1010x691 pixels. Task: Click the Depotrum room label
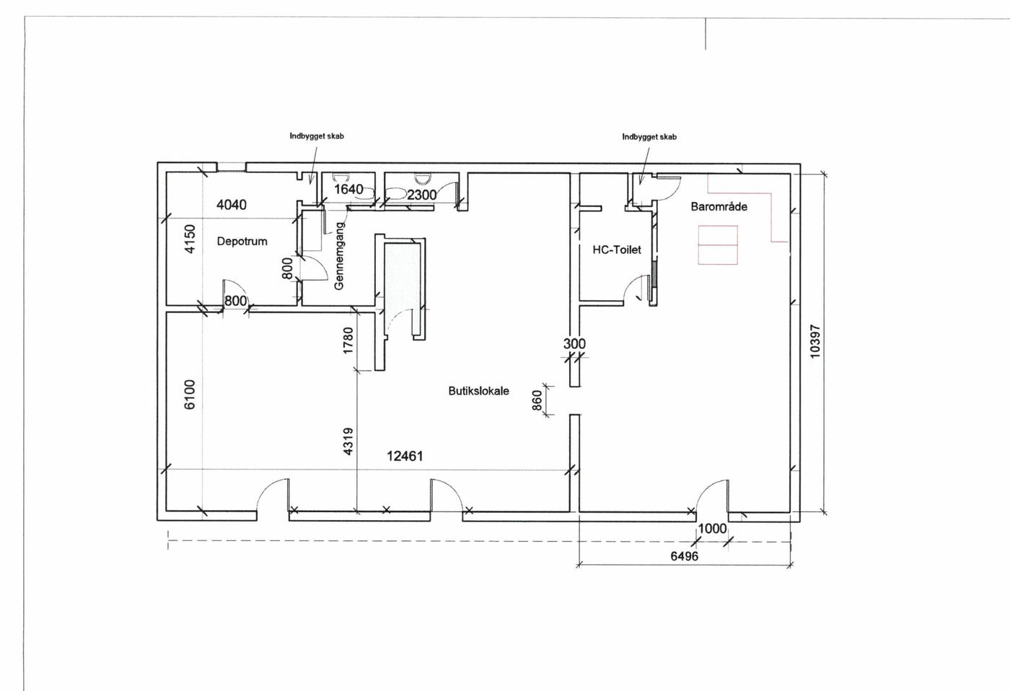click(242, 241)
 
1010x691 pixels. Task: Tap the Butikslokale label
click(478, 391)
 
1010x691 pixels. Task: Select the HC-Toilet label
click(617, 250)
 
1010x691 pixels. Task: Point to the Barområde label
click(719, 207)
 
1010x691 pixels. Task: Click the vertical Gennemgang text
click(340, 255)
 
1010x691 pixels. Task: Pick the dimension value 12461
click(405, 456)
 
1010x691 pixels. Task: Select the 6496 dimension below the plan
click(684, 556)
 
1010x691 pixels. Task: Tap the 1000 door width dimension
click(713, 528)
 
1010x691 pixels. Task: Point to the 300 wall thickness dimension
click(574, 343)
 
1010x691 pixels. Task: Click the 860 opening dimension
click(537, 400)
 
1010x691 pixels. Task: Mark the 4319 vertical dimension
click(348, 441)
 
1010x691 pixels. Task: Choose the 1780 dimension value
click(348, 340)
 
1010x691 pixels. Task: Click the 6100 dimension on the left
click(190, 395)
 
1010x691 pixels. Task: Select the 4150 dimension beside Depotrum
click(190, 239)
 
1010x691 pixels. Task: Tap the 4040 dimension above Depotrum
click(232, 205)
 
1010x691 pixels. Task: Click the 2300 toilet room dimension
click(422, 195)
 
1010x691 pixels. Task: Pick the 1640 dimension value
click(348, 189)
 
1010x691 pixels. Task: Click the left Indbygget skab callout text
click(317, 136)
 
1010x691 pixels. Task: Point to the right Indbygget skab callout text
click(649, 137)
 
